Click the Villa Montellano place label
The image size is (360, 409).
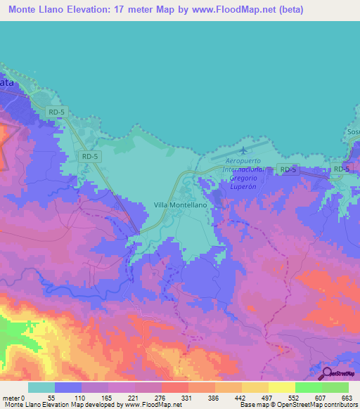[x=179, y=204]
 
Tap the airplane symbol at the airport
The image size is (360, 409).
[x=244, y=150]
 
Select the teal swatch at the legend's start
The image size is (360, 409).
[x=41, y=387]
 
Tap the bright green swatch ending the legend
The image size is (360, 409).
[x=335, y=387]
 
